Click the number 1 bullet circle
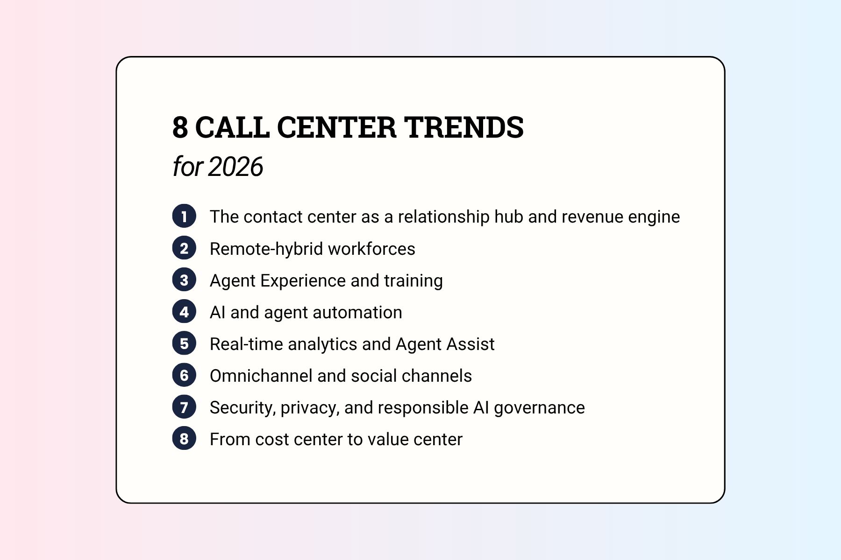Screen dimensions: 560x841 184,216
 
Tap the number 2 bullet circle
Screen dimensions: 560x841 184,248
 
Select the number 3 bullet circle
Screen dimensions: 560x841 184,280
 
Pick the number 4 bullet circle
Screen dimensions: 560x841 184,311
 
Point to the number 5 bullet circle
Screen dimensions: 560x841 184,343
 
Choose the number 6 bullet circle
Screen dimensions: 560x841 184,375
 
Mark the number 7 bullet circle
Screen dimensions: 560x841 184,407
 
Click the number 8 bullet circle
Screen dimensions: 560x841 184,439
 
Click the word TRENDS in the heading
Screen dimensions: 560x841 463,127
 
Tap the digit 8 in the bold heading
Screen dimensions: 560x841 180,127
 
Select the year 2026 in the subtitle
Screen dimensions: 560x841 235,167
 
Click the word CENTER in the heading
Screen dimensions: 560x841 336,127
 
